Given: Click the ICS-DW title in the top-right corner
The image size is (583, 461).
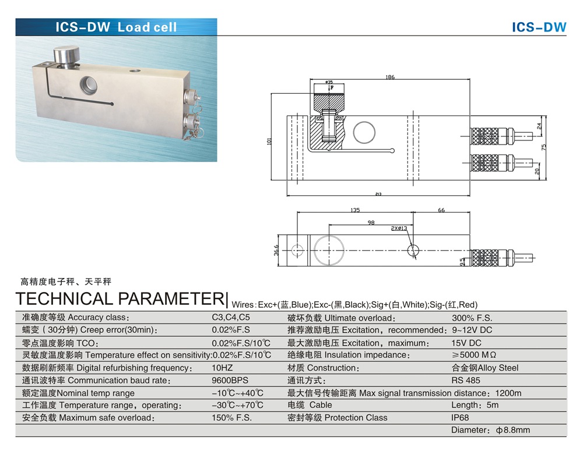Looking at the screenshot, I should click(539, 27).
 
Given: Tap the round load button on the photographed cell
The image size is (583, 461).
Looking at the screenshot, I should click(66, 57).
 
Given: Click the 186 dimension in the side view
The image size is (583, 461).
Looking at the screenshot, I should click(389, 77).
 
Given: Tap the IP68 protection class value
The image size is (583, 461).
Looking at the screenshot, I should click(460, 418).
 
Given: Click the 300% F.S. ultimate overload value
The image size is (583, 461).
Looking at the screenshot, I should click(472, 318).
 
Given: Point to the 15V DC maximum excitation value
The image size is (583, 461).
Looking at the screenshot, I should click(466, 343).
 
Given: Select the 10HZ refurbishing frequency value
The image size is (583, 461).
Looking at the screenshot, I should click(223, 368).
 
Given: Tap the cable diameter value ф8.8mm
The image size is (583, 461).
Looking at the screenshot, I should click(490, 430).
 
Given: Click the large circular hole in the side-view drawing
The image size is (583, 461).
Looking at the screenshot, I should click(364, 132).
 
